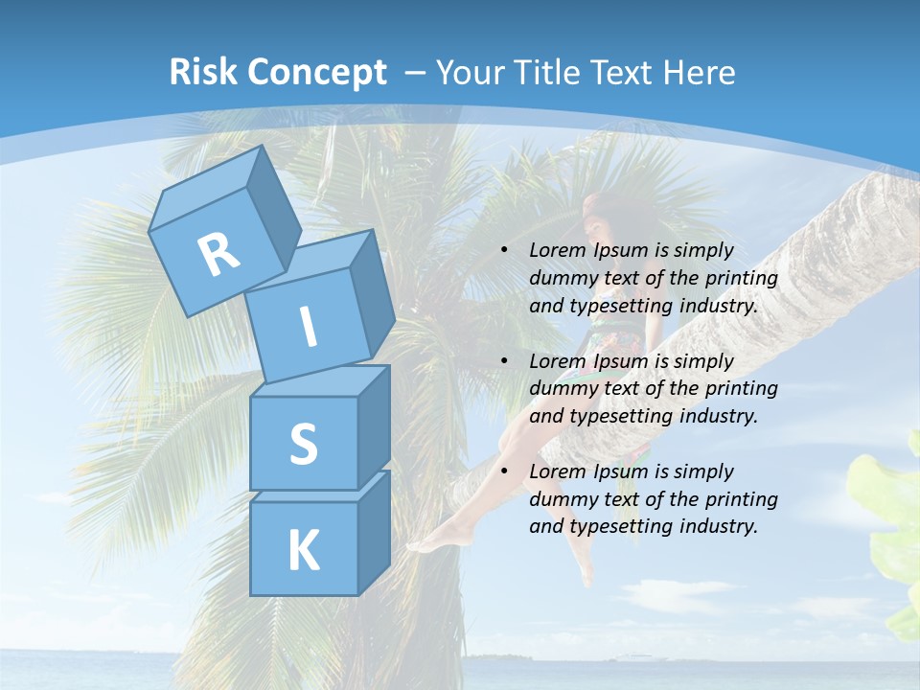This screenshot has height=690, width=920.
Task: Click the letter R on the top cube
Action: click(218, 255)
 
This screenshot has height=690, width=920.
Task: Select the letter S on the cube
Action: click(303, 444)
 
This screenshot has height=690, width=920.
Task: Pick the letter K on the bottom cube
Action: click(303, 550)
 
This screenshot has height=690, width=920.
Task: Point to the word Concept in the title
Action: click(316, 73)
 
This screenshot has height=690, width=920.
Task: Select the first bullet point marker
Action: click(504, 250)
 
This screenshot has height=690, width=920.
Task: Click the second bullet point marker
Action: click(504, 361)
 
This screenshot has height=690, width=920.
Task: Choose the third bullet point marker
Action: click(504, 471)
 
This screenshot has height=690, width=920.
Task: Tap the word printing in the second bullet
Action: click(741, 389)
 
